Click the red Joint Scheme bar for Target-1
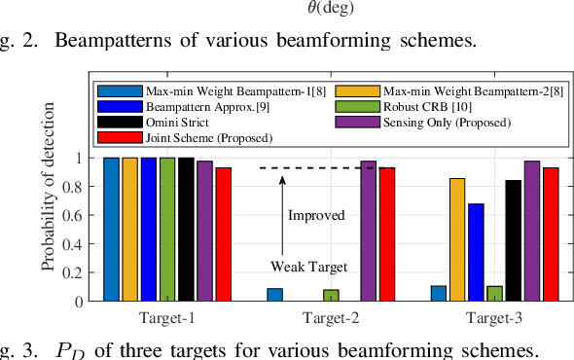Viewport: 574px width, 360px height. [224, 234]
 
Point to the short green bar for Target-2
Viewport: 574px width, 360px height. [331, 296]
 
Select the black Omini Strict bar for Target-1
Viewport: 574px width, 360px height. [187, 230]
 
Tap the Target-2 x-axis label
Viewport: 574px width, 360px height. [331, 317]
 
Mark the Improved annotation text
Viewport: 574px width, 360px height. [316, 215]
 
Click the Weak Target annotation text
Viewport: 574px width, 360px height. [308, 265]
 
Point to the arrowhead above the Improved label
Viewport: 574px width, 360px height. [283, 178]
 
